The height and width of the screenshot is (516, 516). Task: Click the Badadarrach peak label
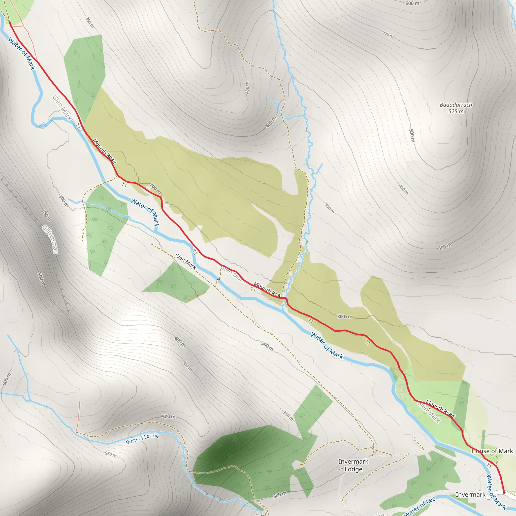click(456, 105)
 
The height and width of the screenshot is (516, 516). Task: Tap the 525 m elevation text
click(456, 111)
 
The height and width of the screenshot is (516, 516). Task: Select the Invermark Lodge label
click(353, 465)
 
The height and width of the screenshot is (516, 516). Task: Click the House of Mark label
click(492, 451)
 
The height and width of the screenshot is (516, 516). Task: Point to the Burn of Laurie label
click(142, 439)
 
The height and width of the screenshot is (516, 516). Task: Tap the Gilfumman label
click(50, 239)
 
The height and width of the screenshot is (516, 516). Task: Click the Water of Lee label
click(420, 506)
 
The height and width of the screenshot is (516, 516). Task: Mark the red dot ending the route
click(504, 493)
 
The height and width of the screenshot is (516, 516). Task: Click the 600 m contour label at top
click(412, 3)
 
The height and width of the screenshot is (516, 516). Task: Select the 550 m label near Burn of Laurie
click(111, 454)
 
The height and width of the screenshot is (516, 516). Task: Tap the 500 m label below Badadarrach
click(412, 135)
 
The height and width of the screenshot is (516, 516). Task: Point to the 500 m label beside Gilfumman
click(41, 279)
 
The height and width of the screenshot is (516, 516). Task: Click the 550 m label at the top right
click(388, 34)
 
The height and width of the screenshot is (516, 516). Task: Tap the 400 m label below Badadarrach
click(445, 246)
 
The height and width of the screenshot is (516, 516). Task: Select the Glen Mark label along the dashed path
click(186, 261)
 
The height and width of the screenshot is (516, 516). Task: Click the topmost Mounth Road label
click(104, 151)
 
